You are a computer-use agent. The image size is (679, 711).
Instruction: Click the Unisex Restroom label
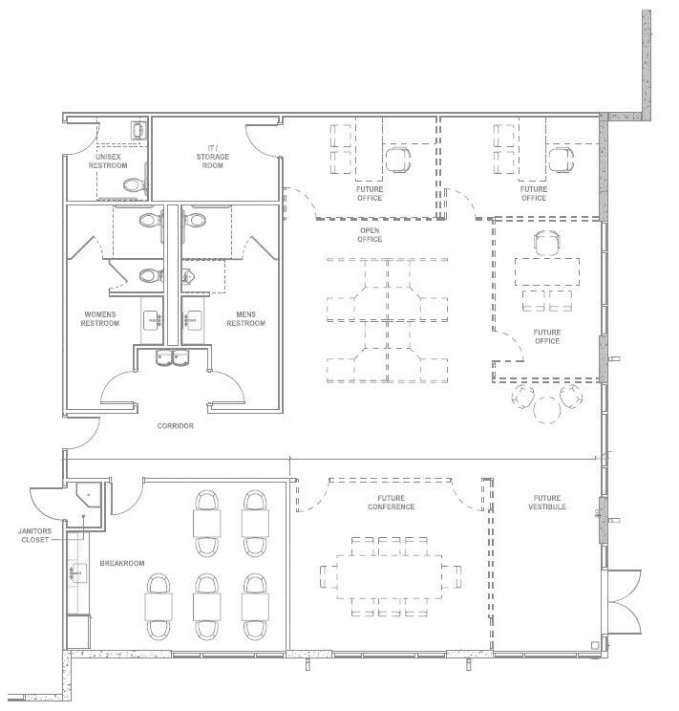(108, 161)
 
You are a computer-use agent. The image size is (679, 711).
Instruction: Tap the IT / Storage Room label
(213, 157)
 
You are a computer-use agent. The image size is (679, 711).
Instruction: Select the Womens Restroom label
(100, 319)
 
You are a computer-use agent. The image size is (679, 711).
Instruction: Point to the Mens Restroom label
(245, 319)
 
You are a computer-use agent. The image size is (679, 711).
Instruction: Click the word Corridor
(176, 426)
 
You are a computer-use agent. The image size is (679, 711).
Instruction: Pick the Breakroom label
(122, 563)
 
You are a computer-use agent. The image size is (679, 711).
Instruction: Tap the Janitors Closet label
(35, 535)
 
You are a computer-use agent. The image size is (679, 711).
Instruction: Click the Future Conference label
(392, 503)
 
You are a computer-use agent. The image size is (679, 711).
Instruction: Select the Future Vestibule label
(547, 503)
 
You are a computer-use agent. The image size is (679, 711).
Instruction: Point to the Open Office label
(370, 235)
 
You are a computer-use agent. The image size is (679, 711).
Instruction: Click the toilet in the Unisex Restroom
(135, 185)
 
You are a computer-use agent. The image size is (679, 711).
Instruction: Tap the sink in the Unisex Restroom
(138, 131)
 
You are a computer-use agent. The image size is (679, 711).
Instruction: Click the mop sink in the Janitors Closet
(89, 495)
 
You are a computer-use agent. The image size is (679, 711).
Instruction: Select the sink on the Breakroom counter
(78, 573)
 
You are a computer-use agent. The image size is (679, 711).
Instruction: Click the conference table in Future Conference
(390, 576)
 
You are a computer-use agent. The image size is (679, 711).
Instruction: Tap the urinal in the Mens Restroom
(187, 275)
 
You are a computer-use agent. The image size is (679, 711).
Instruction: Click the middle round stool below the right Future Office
(547, 410)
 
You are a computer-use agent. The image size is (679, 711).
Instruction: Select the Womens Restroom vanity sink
(152, 320)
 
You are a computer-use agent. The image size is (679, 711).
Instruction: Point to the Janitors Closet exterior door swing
(46, 505)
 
